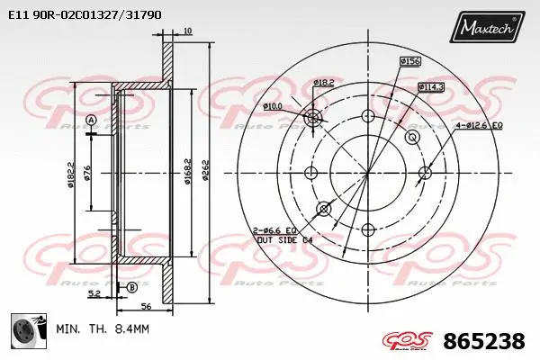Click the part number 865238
[x=484, y=342]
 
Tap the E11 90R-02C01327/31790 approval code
[x=85, y=14]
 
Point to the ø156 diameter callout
[x=410, y=61]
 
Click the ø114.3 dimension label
[x=431, y=86]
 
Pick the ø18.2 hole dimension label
[x=324, y=83]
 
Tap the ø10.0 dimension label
[x=274, y=107]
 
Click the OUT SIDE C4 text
[x=283, y=240]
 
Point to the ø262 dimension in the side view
[x=206, y=171]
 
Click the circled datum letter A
[x=91, y=121]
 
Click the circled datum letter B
[x=132, y=287]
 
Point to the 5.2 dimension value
[x=94, y=292]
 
